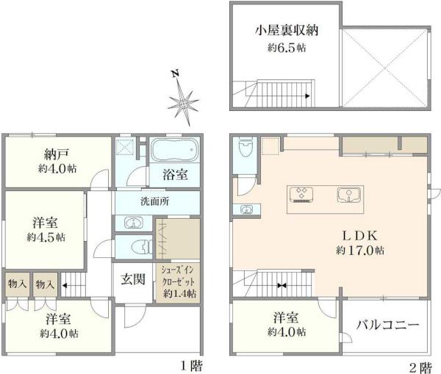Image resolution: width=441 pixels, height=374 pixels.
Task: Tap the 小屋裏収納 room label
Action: tap(287, 30)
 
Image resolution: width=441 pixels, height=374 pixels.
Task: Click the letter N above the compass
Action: tap(176, 73)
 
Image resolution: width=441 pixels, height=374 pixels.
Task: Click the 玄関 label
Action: tap(133, 279)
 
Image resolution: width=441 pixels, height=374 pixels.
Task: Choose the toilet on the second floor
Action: tap(245, 148)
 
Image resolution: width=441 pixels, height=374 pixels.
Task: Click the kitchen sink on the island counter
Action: tap(348, 195)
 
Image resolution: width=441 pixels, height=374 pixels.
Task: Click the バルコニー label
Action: tap(388, 325)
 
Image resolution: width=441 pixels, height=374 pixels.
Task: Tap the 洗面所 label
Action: tap(155, 201)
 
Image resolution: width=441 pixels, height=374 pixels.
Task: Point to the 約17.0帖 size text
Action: tap(360, 250)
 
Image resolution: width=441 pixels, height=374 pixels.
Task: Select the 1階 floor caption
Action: tap(191, 366)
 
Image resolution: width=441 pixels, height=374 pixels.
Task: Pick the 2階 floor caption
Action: tap(420, 367)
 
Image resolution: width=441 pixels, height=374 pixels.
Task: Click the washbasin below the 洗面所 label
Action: tap(135, 223)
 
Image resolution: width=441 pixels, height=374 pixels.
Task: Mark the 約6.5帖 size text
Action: tap(287, 48)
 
